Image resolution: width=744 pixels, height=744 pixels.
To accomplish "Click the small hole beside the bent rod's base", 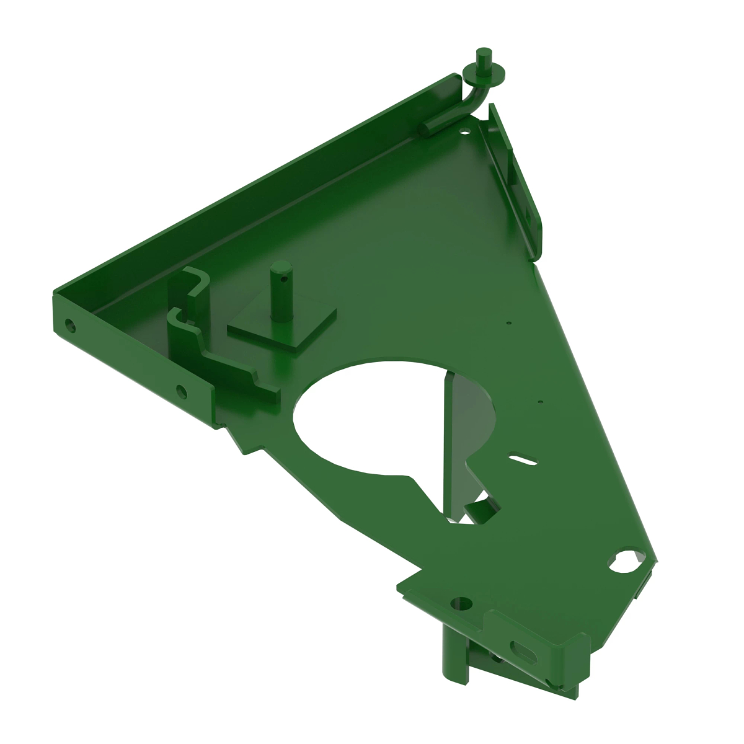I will tap(464, 131).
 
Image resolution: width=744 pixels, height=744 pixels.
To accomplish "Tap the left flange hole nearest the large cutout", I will tap(180, 391).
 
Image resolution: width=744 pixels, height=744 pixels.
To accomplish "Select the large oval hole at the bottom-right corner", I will tap(624, 561).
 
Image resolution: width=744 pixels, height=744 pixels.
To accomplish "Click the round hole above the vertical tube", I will tap(460, 601).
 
